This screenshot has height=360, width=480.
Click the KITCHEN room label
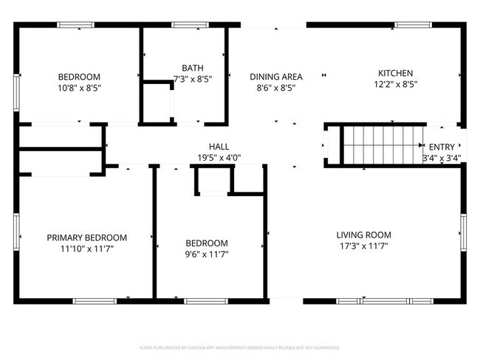tap(395, 73)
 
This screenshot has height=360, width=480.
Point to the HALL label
tap(219, 146)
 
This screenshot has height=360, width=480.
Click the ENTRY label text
tap(442, 147)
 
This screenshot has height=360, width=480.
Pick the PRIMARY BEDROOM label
tap(86, 238)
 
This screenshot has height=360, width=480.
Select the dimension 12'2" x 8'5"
tap(395, 84)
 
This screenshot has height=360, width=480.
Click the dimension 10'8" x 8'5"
tap(79, 88)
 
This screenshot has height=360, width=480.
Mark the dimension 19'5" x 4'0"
tap(219, 157)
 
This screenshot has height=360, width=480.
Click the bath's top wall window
tap(188, 25)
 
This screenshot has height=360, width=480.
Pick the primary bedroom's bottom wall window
tap(95, 300)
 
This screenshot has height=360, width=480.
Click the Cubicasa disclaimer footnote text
tap(240, 347)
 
